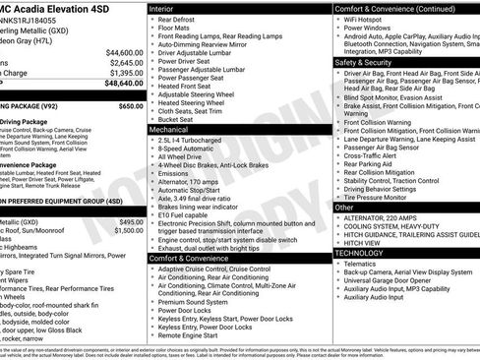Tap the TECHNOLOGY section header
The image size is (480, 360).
click(x=361, y=253)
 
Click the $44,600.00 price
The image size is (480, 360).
click(x=124, y=51)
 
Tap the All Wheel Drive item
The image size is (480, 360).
click(x=182, y=155)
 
